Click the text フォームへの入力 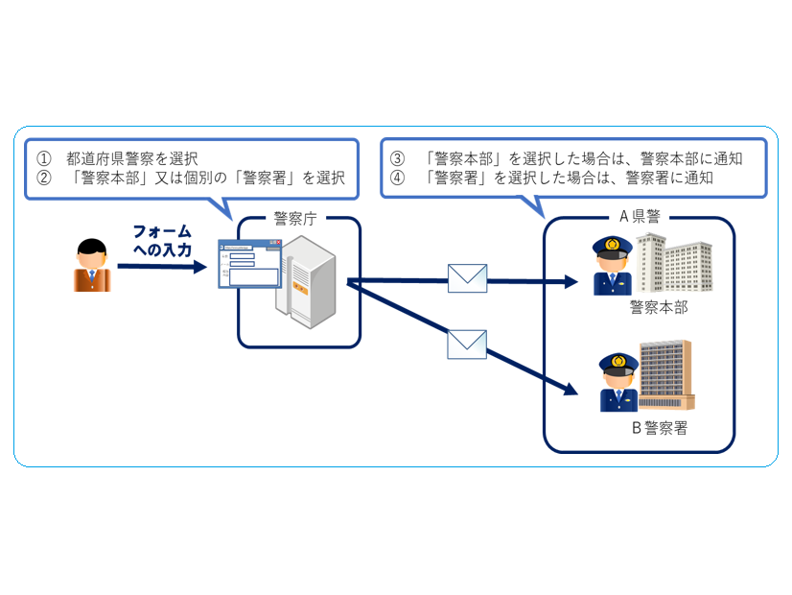(162, 241)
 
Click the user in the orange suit (92, 266)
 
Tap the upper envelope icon (467, 277)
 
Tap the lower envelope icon (467, 344)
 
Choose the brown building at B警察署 (665, 375)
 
